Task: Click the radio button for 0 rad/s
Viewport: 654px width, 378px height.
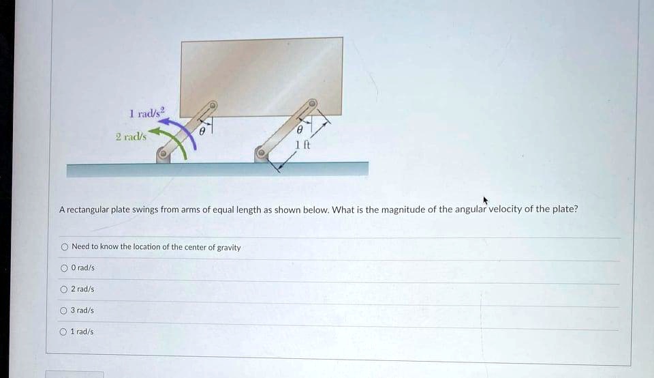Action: click(x=64, y=268)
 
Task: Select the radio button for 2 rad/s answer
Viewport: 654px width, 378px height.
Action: click(x=64, y=289)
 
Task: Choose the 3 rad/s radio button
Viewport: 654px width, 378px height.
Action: click(x=64, y=310)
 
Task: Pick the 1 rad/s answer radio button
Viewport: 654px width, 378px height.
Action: click(x=64, y=332)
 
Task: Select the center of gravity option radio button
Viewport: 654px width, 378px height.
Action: click(x=64, y=247)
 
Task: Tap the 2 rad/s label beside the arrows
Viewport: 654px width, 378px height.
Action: click(x=130, y=136)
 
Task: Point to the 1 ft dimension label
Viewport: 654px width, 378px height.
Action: click(x=302, y=144)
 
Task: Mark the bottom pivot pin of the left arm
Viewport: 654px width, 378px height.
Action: click(x=163, y=156)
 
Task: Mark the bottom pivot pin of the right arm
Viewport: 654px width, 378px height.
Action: click(x=260, y=155)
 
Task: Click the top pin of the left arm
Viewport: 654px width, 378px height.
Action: click(x=213, y=106)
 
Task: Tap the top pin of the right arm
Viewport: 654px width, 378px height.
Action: click(x=313, y=104)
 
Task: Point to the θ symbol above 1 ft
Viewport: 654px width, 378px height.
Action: click(x=300, y=130)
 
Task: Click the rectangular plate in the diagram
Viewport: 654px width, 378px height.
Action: click(x=262, y=75)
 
